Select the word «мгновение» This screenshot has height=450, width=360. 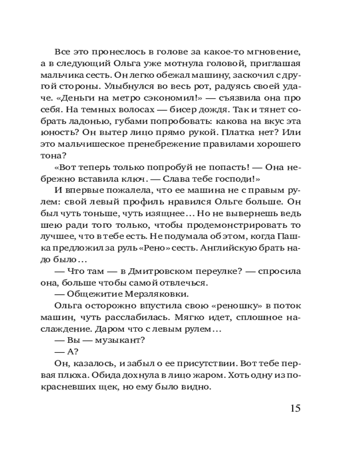coord(276,51)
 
